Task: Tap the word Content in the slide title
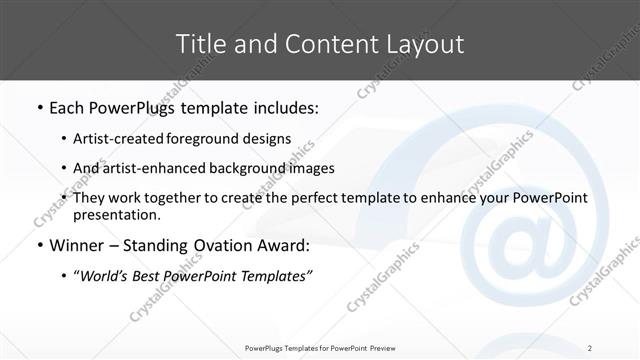[x=322, y=43]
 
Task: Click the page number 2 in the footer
[x=591, y=347]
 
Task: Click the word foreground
[x=209, y=138]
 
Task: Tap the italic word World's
[x=107, y=276]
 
